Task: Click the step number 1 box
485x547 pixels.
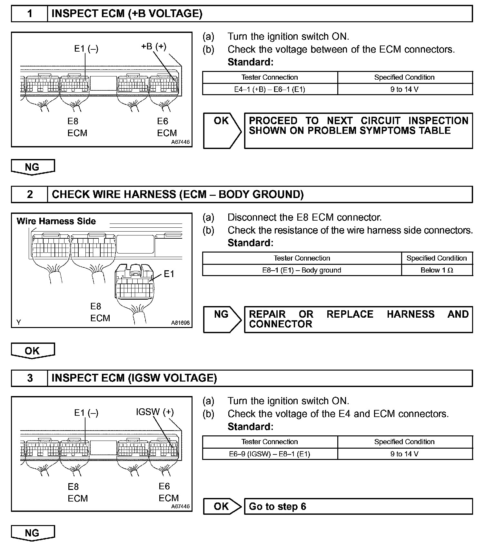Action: (30, 14)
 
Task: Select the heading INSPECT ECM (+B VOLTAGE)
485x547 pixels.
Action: (127, 14)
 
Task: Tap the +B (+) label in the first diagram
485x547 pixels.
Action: (153, 46)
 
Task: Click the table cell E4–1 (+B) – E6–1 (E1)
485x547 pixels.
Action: (270, 89)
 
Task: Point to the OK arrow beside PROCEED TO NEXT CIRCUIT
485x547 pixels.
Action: (222, 130)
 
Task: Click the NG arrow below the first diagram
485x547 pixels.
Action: (33, 167)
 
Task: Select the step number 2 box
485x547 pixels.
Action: (30, 194)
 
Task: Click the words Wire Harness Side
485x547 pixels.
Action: (56, 221)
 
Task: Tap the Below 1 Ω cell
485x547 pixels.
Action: (437, 270)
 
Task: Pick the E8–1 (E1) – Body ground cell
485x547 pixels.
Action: (302, 270)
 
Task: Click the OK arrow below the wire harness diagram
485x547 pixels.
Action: (33, 351)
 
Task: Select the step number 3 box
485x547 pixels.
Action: (30, 378)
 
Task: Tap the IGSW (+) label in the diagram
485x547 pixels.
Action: (155, 412)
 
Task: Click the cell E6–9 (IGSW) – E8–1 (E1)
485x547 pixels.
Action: (270, 454)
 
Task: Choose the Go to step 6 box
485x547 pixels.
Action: (358, 506)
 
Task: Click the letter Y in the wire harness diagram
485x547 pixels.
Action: (19, 322)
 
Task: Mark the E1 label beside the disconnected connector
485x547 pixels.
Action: (169, 274)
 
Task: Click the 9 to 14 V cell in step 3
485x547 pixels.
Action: (404, 454)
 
